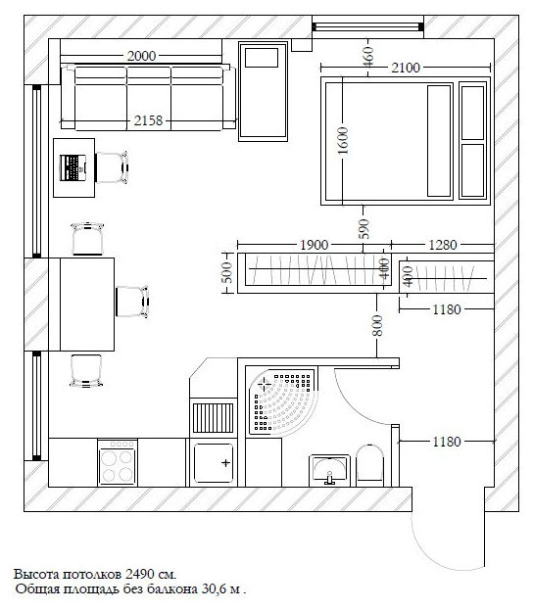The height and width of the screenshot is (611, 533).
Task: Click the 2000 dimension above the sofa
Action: coord(141,56)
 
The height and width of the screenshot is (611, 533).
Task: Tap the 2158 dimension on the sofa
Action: coord(148,120)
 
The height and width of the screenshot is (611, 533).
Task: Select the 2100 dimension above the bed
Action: coord(406,68)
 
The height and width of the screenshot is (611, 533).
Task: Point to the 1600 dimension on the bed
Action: coord(342,141)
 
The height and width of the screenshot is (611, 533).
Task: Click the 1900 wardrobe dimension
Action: coord(314,245)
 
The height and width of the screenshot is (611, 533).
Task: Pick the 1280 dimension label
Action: coord(443,245)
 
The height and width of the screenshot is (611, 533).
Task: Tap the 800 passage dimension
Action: coord(377,326)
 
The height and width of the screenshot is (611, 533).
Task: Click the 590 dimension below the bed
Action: coord(363,229)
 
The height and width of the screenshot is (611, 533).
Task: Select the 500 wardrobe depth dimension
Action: coord(227,272)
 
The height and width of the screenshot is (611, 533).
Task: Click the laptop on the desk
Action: coord(73,168)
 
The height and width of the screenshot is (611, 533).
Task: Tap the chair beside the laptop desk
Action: coord(112,167)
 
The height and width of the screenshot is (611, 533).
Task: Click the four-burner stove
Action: coord(118,463)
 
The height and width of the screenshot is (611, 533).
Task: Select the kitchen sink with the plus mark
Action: coord(214,462)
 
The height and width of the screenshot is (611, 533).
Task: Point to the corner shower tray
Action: coord(282,401)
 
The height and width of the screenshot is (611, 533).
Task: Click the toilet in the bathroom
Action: coord(370,465)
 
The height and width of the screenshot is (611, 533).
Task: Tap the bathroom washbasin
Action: coord(330,470)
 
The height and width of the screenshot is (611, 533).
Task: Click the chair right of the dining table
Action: coord(132,302)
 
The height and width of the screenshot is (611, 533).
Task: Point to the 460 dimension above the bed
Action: coord(368,57)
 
